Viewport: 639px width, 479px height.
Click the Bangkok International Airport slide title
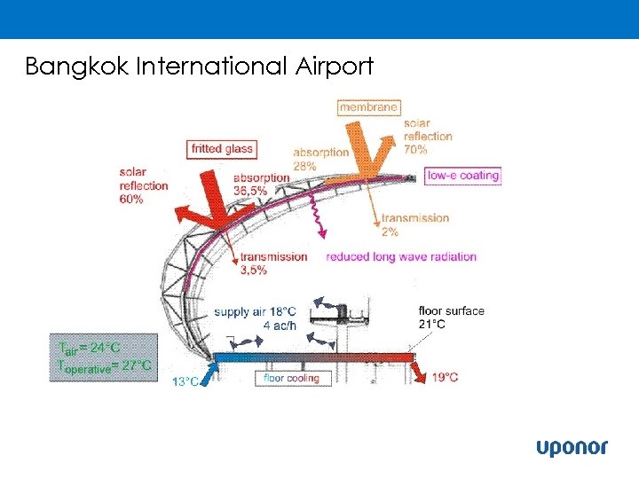click(200, 67)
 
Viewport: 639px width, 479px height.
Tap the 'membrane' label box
click(369, 106)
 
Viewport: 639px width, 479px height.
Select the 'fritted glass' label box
click(222, 149)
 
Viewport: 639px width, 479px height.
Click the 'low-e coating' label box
click(463, 176)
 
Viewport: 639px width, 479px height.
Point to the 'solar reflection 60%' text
click(143, 185)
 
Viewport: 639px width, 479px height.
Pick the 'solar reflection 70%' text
click(428, 136)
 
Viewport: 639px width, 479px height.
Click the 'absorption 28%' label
click(320, 159)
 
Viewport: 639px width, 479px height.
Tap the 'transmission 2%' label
click(414, 224)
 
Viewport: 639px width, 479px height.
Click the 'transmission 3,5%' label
click(273, 263)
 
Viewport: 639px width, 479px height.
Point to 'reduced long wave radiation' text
click(401, 257)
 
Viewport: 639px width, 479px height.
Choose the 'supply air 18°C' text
click(255, 312)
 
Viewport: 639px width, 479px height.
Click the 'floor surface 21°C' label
click(451, 317)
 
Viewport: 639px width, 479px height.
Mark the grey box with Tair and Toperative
click(104, 357)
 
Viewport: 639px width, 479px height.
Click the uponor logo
click(572, 448)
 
